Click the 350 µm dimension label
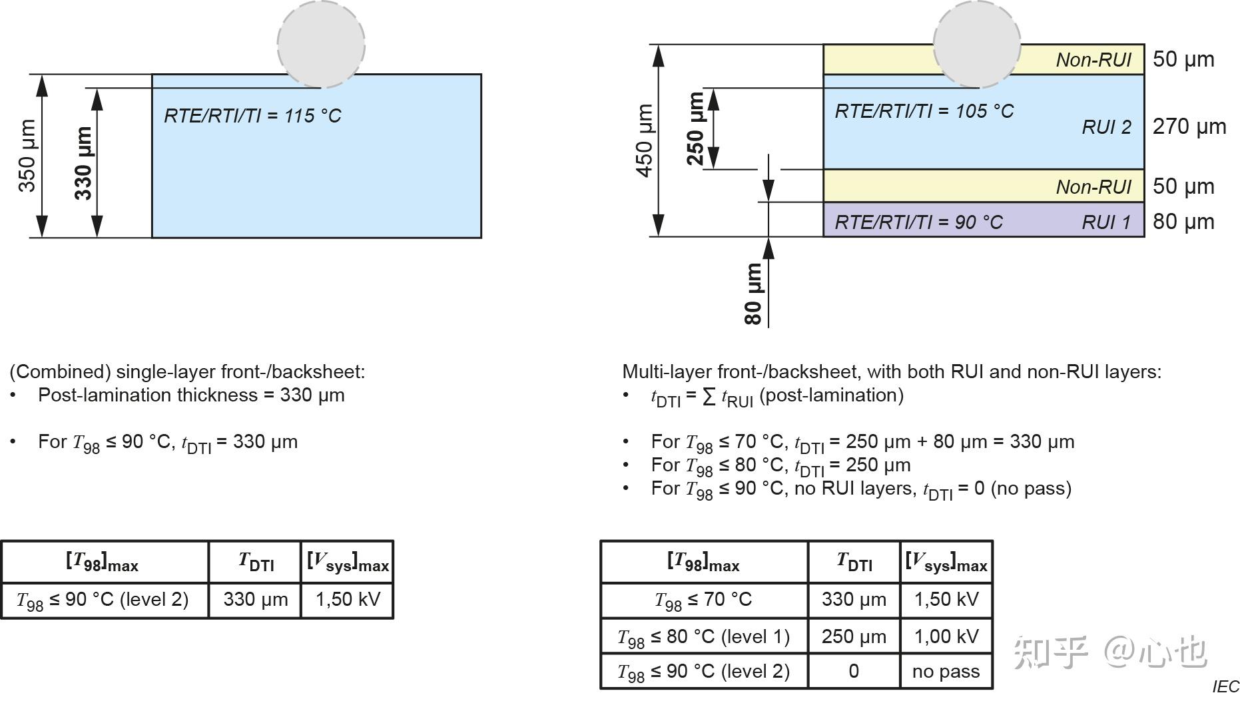(27, 156)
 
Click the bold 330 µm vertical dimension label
(83, 164)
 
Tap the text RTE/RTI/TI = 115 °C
(252, 116)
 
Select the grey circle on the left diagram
(321, 44)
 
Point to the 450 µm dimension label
(644, 140)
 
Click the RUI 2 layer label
(1106, 127)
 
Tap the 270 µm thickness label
(1189, 126)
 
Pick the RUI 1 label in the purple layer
(1106, 222)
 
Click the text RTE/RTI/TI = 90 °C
(918, 222)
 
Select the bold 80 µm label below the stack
(753, 293)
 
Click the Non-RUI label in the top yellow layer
(1093, 60)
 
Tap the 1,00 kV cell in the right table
(946, 636)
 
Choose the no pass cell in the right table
(946, 671)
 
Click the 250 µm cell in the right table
(854, 636)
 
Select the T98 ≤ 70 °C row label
(703, 600)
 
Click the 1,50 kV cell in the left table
(348, 599)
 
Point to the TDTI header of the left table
(256, 563)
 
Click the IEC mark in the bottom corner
(1225, 686)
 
